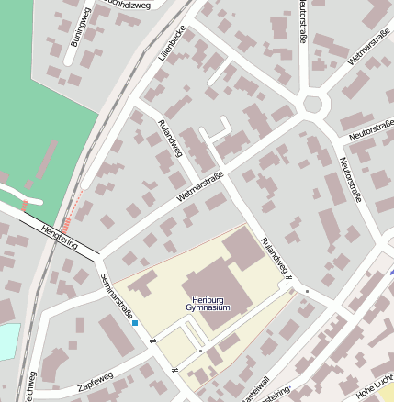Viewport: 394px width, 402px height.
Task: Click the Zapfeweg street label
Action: [x=96, y=379]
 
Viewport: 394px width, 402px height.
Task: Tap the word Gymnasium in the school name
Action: [x=208, y=308]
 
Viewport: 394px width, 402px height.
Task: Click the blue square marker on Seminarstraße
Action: [x=135, y=323]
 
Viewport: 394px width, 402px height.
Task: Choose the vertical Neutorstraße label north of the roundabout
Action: [x=303, y=22]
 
